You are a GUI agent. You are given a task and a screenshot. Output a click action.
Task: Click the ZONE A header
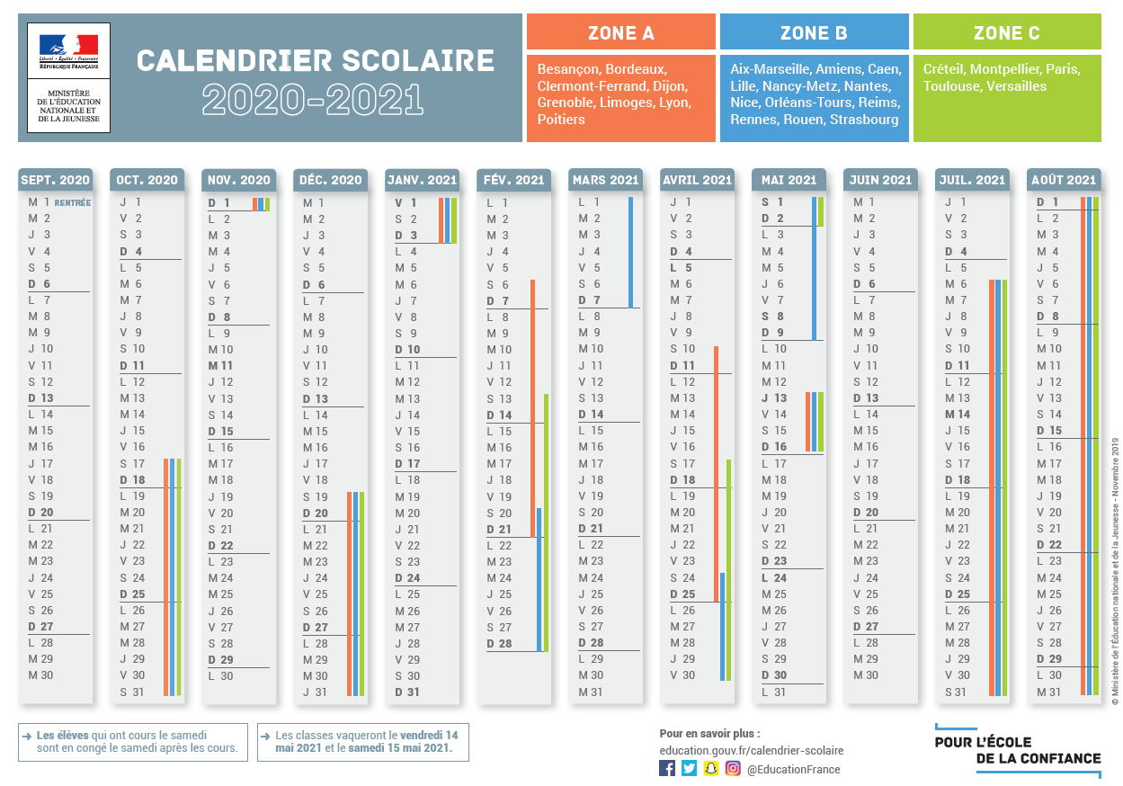pyautogui.click(x=620, y=33)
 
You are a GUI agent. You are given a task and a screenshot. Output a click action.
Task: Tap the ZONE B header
pyautogui.click(x=814, y=33)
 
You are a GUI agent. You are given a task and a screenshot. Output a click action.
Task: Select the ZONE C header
pyautogui.click(x=1007, y=33)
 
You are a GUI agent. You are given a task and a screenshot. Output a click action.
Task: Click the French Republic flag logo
pyautogui.click(x=68, y=46)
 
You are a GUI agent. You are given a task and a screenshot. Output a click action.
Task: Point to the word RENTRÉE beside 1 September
pyautogui.click(x=73, y=202)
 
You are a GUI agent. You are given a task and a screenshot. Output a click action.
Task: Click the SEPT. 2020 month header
pyautogui.click(x=55, y=180)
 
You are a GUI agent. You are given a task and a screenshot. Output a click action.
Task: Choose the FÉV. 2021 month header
pyautogui.click(x=513, y=180)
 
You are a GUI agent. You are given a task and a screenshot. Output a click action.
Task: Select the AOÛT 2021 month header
pyautogui.click(x=1064, y=180)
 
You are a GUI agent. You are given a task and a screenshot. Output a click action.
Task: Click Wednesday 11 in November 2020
pyautogui.click(x=220, y=366)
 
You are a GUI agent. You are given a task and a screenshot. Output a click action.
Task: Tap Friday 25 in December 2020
pyautogui.click(x=315, y=594)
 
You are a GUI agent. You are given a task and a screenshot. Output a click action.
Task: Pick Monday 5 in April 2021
pyautogui.click(x=682, y=268)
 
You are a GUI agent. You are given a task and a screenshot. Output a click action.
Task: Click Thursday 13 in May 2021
pyautogui.click(x=774, y=397)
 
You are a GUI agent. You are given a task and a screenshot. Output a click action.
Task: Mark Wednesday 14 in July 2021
pyautogui.click(x=958, y=415)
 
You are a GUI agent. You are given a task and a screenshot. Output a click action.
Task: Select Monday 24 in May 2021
pyautogui.click(x=774, y=578)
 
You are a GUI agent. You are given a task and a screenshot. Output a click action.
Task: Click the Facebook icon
pyautogui.click(x=667, y=768)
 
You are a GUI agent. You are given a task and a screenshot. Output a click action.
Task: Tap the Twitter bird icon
pyautogui.click(x=689, y=768)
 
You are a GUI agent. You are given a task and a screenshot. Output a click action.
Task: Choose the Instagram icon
pyautogui.click(x=733, y=768)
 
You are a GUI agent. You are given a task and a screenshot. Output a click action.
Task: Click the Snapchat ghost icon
pyautogui.click(x=711, y=768)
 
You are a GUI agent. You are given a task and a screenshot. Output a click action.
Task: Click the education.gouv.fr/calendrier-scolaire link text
pyautogui.click(x=751, y=750)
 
